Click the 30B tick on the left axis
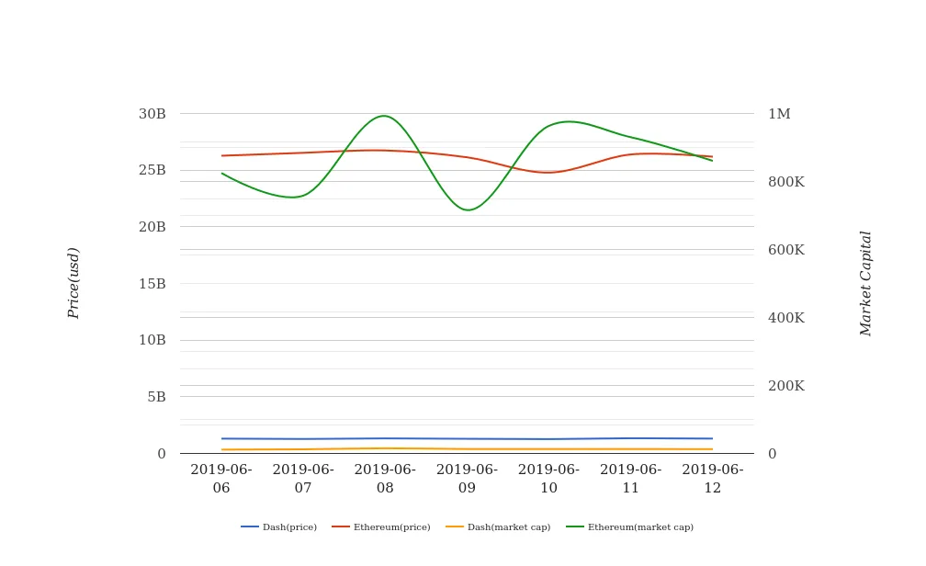click(x=152, y=114)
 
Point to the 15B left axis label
click(x=152, y=284)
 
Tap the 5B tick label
click(x=156, y=397)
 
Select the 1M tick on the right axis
click(x=779, y=114)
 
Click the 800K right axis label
click(x=785, y=182)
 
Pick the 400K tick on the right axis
click(x=785, y=318)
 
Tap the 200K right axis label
click(x=785, y=386)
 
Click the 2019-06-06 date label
click(x=221, y=479)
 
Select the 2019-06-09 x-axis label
click(x=467, y=479)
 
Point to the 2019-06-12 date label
click(x=712, y=479)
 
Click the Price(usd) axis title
click(x=73, y=283)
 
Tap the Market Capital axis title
click(x=865, y=283)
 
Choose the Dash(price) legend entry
click(x=279, y=527)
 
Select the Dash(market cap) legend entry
click(x=498, y=527)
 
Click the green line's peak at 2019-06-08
click(x=383, y=116)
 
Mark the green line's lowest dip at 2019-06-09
click(x=468, y=210)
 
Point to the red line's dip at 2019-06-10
click(x=548, y=173)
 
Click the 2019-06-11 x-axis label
click(x=630, y=479)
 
